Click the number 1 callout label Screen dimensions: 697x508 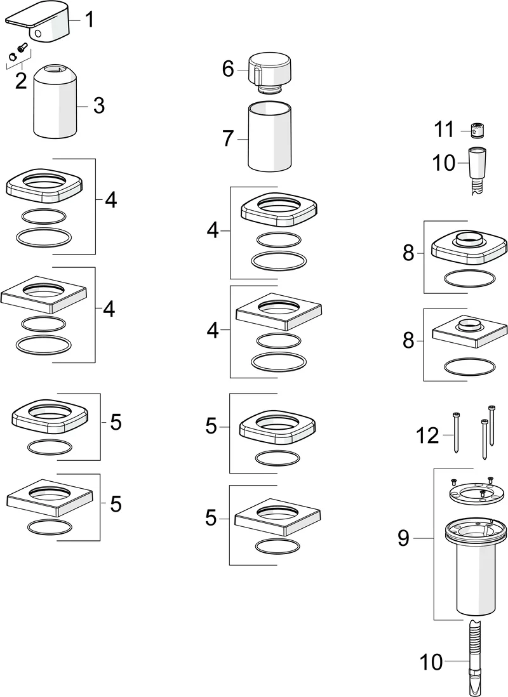(x=90, y=20)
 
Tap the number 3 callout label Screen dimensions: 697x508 (x=98, y=105)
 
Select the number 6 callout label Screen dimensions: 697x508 (x=228, y=69)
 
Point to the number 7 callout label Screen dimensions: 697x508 (x=228, y=138)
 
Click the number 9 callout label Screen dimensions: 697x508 (x=404, y=540)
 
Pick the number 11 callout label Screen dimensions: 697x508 (x=444, y=131)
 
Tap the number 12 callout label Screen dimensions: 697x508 (x=427, y=436)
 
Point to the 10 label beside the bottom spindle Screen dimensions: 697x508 (x=431, y=663)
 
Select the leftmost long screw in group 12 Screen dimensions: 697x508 (x=457, y=432)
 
